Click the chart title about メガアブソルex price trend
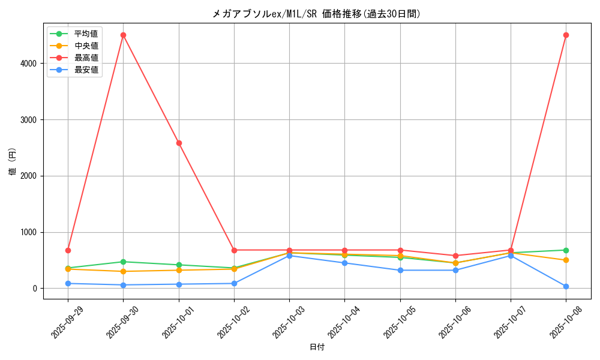[x=317, y=14]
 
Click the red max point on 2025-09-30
[x=123, y=35]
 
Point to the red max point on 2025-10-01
[x=179, y=143]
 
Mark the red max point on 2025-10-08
[x=566, y=35]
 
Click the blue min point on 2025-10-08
[x=566, y=286]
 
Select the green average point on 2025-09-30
[x=123, y=262]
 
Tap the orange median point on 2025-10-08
[x=566, y=260]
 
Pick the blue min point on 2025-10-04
[x=344, y=263]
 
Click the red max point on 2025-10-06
[x=455, y=256]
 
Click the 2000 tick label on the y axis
[x=29, y=176]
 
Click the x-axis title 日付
[x=317, y=347]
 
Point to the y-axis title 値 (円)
[x=13, y=162]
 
